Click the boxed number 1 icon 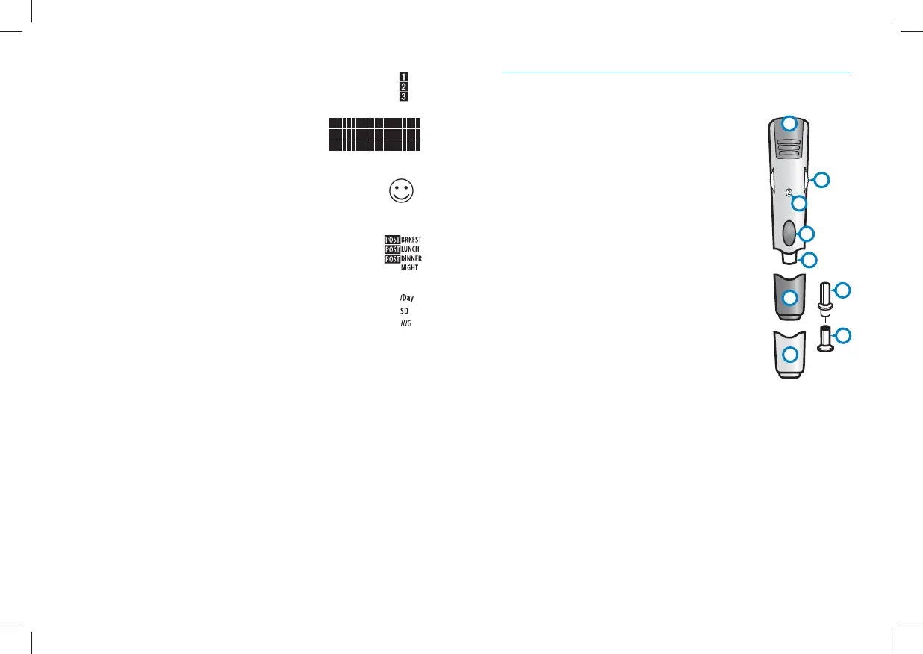403,77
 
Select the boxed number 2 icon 403,87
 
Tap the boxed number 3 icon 403,96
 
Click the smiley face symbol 401,190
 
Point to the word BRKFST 411,240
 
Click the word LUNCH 410,249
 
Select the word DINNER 411,259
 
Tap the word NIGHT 409,268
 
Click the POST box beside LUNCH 392,249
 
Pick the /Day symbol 406,298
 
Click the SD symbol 404,311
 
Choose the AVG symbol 405,323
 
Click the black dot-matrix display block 374,134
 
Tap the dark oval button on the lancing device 789,234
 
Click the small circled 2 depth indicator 789,193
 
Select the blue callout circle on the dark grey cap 790,299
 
